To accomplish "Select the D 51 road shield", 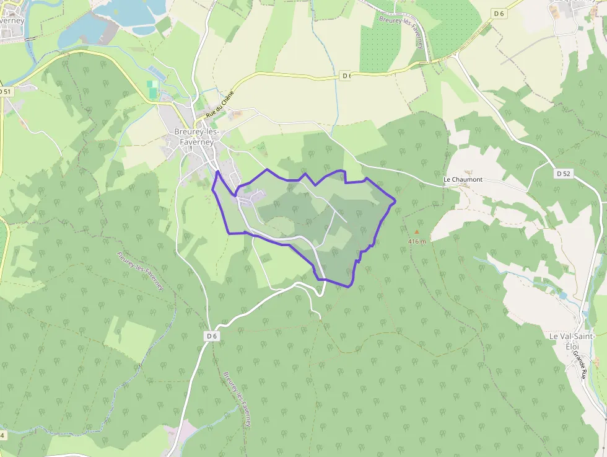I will [6, 92].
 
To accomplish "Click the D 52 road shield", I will [563, 174].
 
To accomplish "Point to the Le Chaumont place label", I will [463, 180].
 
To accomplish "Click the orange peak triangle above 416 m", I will [416, 232].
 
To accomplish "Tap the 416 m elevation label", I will [417, 241].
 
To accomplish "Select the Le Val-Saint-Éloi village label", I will [572, 341].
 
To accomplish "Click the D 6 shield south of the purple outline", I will [212, 336].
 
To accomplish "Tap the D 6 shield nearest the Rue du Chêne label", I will [346, 76].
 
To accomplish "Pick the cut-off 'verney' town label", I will [12, 20].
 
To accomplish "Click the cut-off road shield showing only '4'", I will [2, 435].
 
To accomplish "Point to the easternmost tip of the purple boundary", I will [395, 200].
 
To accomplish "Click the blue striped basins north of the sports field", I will [155, 72].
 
